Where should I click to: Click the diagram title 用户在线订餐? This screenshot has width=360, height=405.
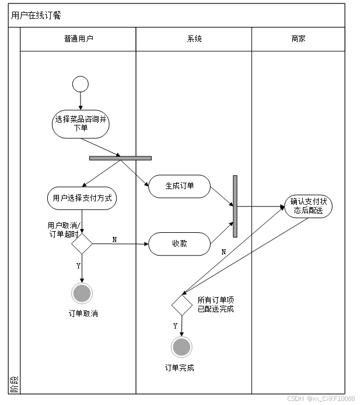pos(36,15)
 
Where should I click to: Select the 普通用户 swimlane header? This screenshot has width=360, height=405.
pos(78,39)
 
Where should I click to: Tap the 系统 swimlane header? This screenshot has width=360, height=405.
pos(194,39)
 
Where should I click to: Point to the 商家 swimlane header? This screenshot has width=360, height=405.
pos(298,39)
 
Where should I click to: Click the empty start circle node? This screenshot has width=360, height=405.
pos(81,84)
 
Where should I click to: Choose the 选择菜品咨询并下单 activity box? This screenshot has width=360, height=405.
pos(81,124)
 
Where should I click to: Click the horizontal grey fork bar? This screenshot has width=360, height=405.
pos(120,158)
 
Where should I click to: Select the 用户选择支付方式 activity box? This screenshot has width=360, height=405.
pos(81,198)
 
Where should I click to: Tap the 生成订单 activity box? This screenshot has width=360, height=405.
pos(179,186)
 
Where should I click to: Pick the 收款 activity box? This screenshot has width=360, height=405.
pos(179,243)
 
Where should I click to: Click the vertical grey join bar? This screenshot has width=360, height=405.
pos(235,206)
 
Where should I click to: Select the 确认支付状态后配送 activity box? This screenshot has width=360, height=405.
pos(308,206)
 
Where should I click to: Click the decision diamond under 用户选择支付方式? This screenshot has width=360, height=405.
pos(82,243)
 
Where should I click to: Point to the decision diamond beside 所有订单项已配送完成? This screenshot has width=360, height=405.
pos(182,305)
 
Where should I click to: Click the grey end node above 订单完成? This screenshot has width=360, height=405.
pos(182,347)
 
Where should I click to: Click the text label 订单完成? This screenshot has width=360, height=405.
pos(180,368)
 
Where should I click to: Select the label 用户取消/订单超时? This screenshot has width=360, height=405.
pos(63,229)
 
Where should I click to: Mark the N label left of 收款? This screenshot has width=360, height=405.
pos(114,240)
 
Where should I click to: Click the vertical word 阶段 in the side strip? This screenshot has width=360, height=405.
pos(15,383)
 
